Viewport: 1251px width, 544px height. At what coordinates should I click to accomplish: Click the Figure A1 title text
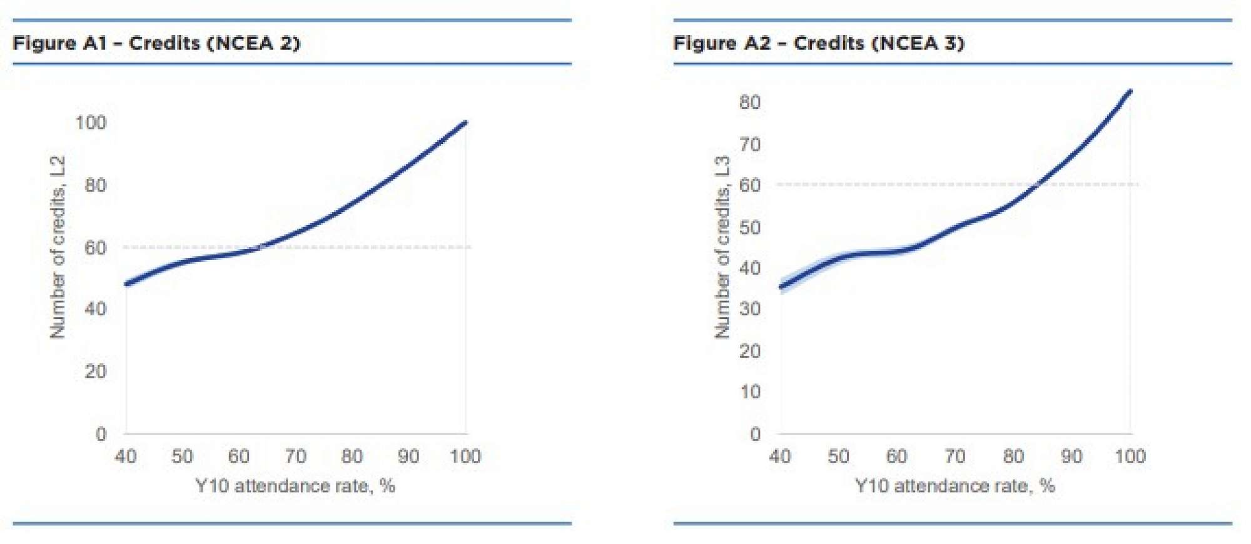coord(156,43)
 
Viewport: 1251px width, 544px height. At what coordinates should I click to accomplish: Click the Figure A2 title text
coord(818,43)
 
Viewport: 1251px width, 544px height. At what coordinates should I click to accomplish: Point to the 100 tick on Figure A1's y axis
coord(91,123)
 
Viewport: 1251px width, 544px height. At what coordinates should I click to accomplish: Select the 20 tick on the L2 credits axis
coord(96,371)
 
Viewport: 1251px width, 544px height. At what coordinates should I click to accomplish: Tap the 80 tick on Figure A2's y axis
coord(750,102)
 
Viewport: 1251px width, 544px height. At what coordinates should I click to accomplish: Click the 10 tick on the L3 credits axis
coord(750,392)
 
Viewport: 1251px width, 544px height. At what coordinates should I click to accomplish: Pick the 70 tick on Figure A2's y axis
coord(750,144)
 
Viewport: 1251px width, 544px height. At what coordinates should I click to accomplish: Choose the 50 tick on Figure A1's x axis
coord(182,456)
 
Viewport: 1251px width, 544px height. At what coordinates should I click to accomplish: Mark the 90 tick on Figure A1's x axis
coord(408,456)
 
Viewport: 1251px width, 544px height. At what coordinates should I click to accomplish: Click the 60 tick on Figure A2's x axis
coord(896,456)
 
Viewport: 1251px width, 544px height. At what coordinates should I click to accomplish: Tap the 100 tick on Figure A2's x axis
coord(1130,456)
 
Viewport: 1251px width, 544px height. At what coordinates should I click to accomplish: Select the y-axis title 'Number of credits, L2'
coord(58,247)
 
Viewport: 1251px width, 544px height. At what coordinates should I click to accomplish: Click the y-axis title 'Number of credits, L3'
coord(722,247)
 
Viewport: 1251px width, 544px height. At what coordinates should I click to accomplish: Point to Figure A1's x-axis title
coord(295,486)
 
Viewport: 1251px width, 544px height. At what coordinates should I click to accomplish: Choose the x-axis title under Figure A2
coord(955,486)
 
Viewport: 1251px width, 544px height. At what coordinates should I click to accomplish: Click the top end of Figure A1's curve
coord(465,123)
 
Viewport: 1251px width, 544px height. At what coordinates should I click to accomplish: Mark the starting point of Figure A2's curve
coord(781,287)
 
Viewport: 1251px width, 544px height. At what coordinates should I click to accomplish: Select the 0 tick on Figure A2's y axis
coord(756,433)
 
